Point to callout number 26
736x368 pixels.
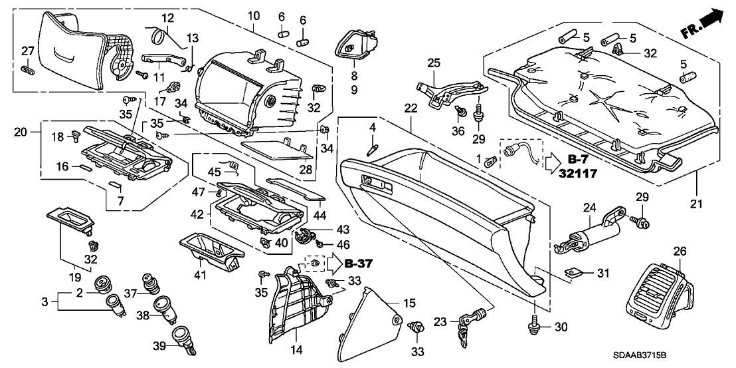tap(680, 252)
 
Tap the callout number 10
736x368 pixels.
tap(252, 15)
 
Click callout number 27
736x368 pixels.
tap(27, 51)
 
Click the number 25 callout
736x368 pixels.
tap(434, 63)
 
